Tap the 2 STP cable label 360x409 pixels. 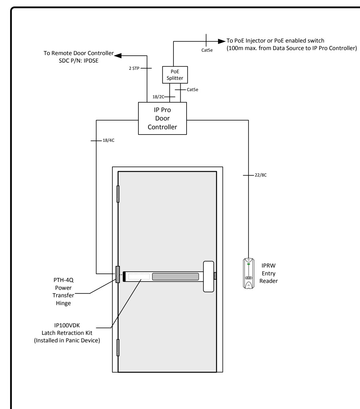(x=134, y=68)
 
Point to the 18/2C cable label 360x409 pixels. (x=158, y=97)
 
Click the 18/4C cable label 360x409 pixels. (x=109, y=140)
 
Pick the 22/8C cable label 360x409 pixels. (x=260, y=175)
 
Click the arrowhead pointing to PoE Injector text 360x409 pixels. (x=222, y=41)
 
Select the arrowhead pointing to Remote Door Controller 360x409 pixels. (x=118, y=55)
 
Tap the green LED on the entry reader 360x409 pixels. (x=249, y=264)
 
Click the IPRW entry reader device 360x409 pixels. (x=249, y=273)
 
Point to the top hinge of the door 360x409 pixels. (x=118, y=194)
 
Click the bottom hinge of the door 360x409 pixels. (x=118, y=348)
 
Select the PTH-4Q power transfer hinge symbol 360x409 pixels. (x=118, y=274)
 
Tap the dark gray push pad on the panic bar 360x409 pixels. (x=175, y=277)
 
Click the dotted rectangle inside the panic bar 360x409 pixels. (x=139, y=277)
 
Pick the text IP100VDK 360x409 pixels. (x=67, y=325)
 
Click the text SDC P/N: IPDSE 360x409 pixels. (x=79, y=61)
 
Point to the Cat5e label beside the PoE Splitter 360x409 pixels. (x=192, y=89)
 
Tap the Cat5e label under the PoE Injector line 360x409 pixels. (x=207, y=50)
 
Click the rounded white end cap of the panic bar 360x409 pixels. (x=208, y=277)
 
